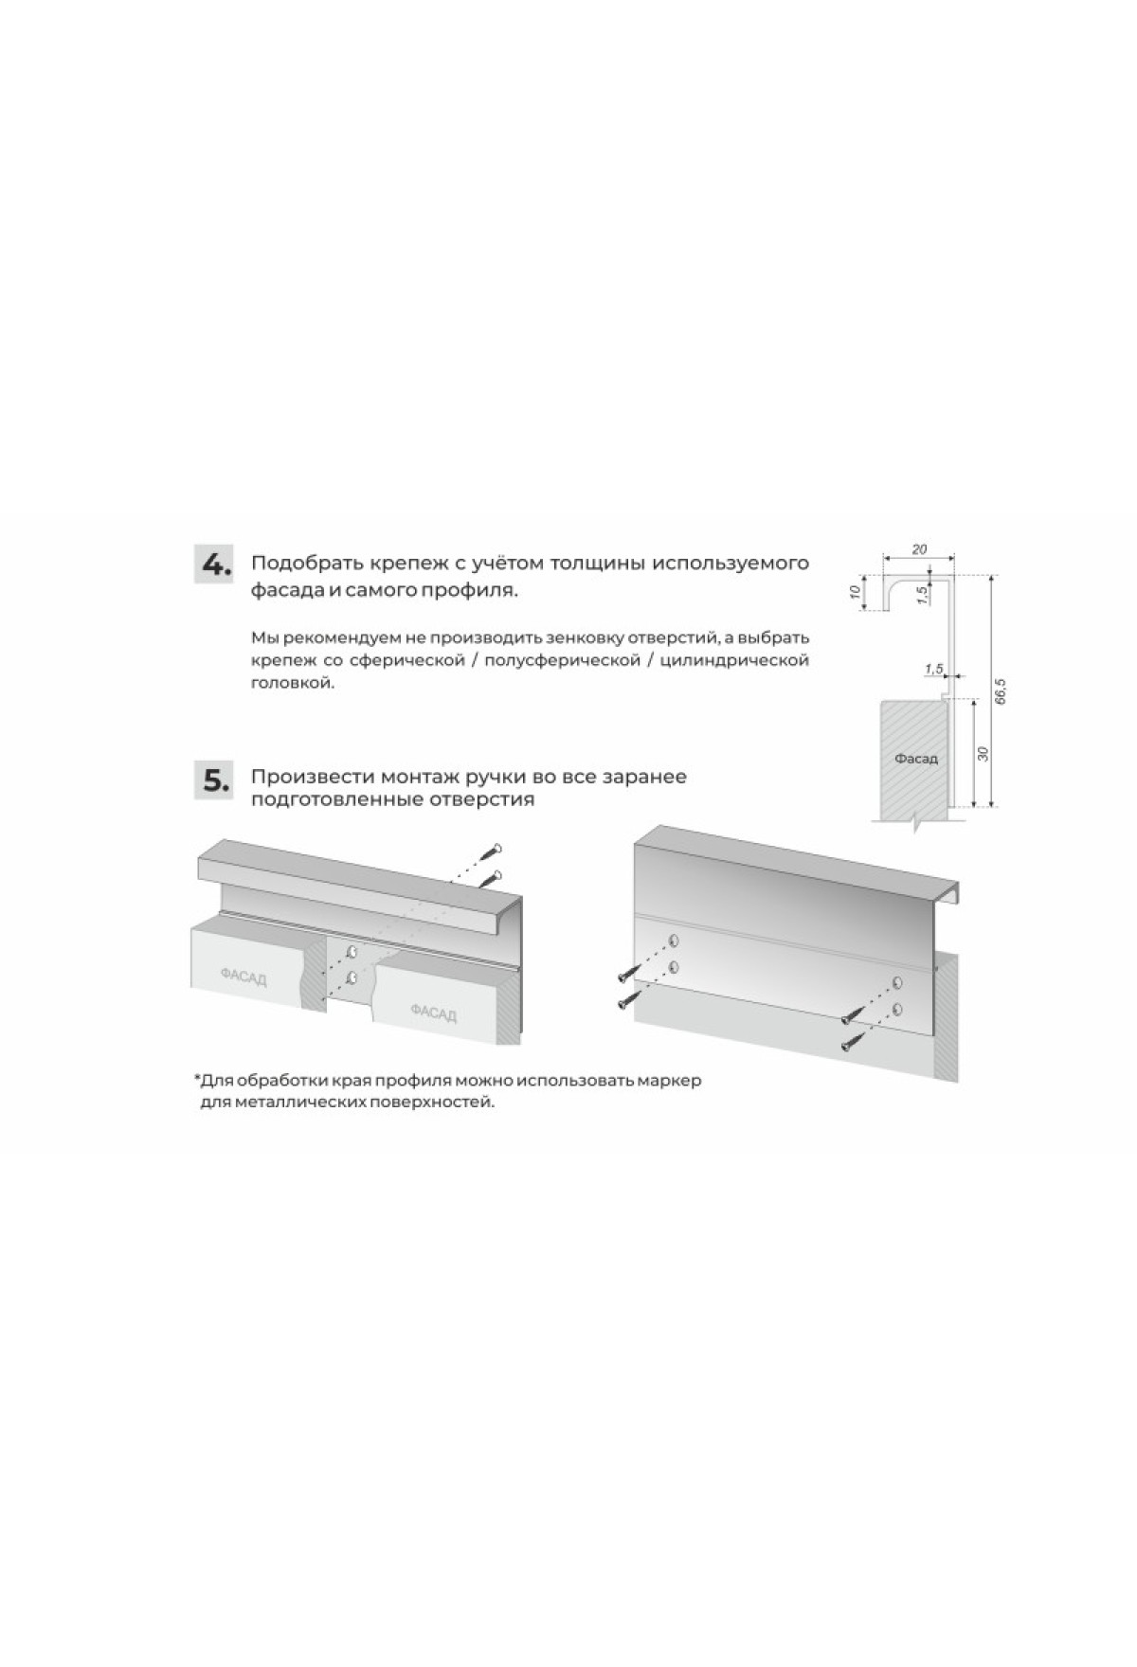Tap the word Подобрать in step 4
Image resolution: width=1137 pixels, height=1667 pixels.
(299, 565)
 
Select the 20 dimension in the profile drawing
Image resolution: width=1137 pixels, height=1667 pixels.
(918, 548)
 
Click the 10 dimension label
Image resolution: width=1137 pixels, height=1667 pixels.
(855, 592)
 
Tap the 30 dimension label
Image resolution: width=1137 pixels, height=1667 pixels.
(984, 754)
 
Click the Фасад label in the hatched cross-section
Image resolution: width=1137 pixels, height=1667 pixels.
(915, 759)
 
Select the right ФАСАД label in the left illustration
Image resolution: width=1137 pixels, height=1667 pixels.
(433, 1013)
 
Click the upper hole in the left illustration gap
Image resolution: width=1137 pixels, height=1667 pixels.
(352, 951)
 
